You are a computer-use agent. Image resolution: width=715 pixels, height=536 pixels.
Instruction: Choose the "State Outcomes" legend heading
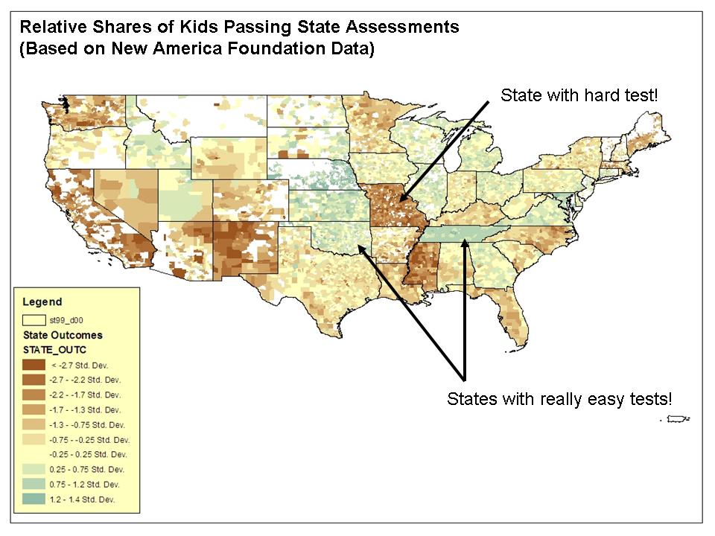tap(63, 335)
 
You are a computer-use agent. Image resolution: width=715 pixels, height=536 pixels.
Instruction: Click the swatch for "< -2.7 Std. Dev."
tap(34, 365)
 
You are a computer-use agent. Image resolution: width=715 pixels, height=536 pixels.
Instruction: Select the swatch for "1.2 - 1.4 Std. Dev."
tap(34, 499)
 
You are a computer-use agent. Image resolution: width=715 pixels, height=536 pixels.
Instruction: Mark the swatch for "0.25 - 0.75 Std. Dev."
tap(34, 469)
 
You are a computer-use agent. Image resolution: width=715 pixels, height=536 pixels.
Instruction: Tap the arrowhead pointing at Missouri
tap(401, 200)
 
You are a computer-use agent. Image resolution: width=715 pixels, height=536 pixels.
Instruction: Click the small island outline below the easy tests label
tap(675, 420)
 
